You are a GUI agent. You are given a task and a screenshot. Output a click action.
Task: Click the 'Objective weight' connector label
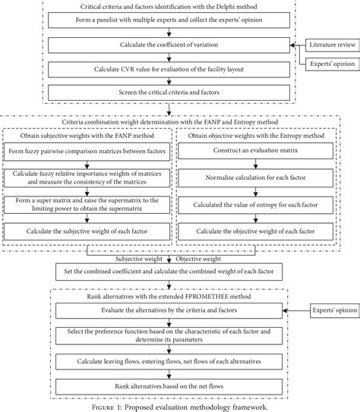pos(200,258)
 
